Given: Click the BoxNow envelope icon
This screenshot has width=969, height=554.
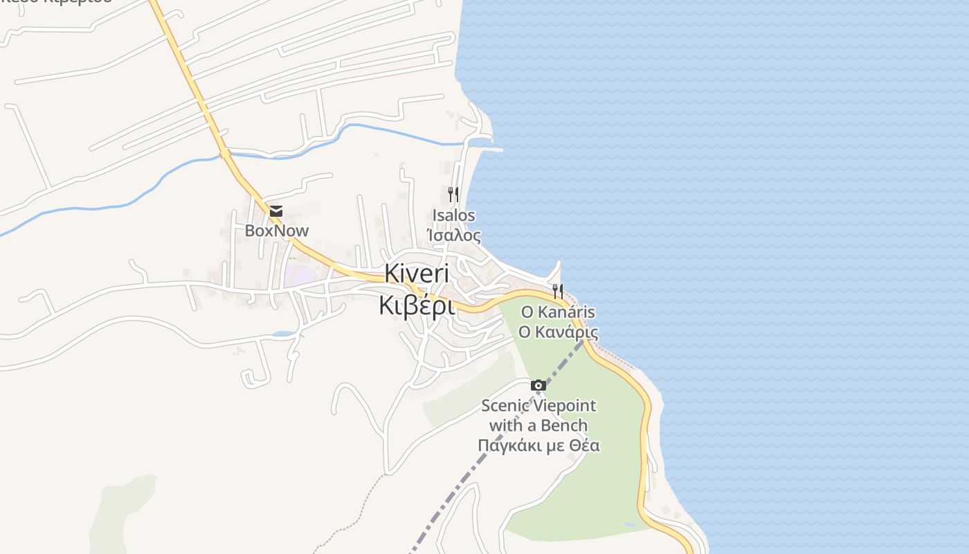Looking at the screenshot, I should (276, 211).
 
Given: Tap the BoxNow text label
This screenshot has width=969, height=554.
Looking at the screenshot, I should (276, 231).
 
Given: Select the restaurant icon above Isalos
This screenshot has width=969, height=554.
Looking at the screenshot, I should (453, 194).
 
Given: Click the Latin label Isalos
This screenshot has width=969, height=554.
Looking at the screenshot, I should (453, 215).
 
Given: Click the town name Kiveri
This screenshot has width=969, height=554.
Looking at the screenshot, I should (417, 274).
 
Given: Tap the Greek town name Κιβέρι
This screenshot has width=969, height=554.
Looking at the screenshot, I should (417, 305).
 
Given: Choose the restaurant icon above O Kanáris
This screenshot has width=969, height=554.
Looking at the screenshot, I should (558, 291).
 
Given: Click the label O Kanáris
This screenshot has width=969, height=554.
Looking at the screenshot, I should (558, 312).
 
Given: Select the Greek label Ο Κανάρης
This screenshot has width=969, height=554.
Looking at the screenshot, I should (558, 332).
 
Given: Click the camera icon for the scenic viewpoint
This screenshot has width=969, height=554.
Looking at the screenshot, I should (538, 386).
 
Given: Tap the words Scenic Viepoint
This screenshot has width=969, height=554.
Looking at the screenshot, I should (538, 406).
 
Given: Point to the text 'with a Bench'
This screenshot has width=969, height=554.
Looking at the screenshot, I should (538, 425).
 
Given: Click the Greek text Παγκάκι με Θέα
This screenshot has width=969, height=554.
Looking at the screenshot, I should (538, 445).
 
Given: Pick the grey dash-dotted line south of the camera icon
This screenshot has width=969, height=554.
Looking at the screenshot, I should (478, 471).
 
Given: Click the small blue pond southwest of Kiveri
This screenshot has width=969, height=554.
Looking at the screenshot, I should (283, 334).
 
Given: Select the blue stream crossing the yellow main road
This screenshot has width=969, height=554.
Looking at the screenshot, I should (226, 154).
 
